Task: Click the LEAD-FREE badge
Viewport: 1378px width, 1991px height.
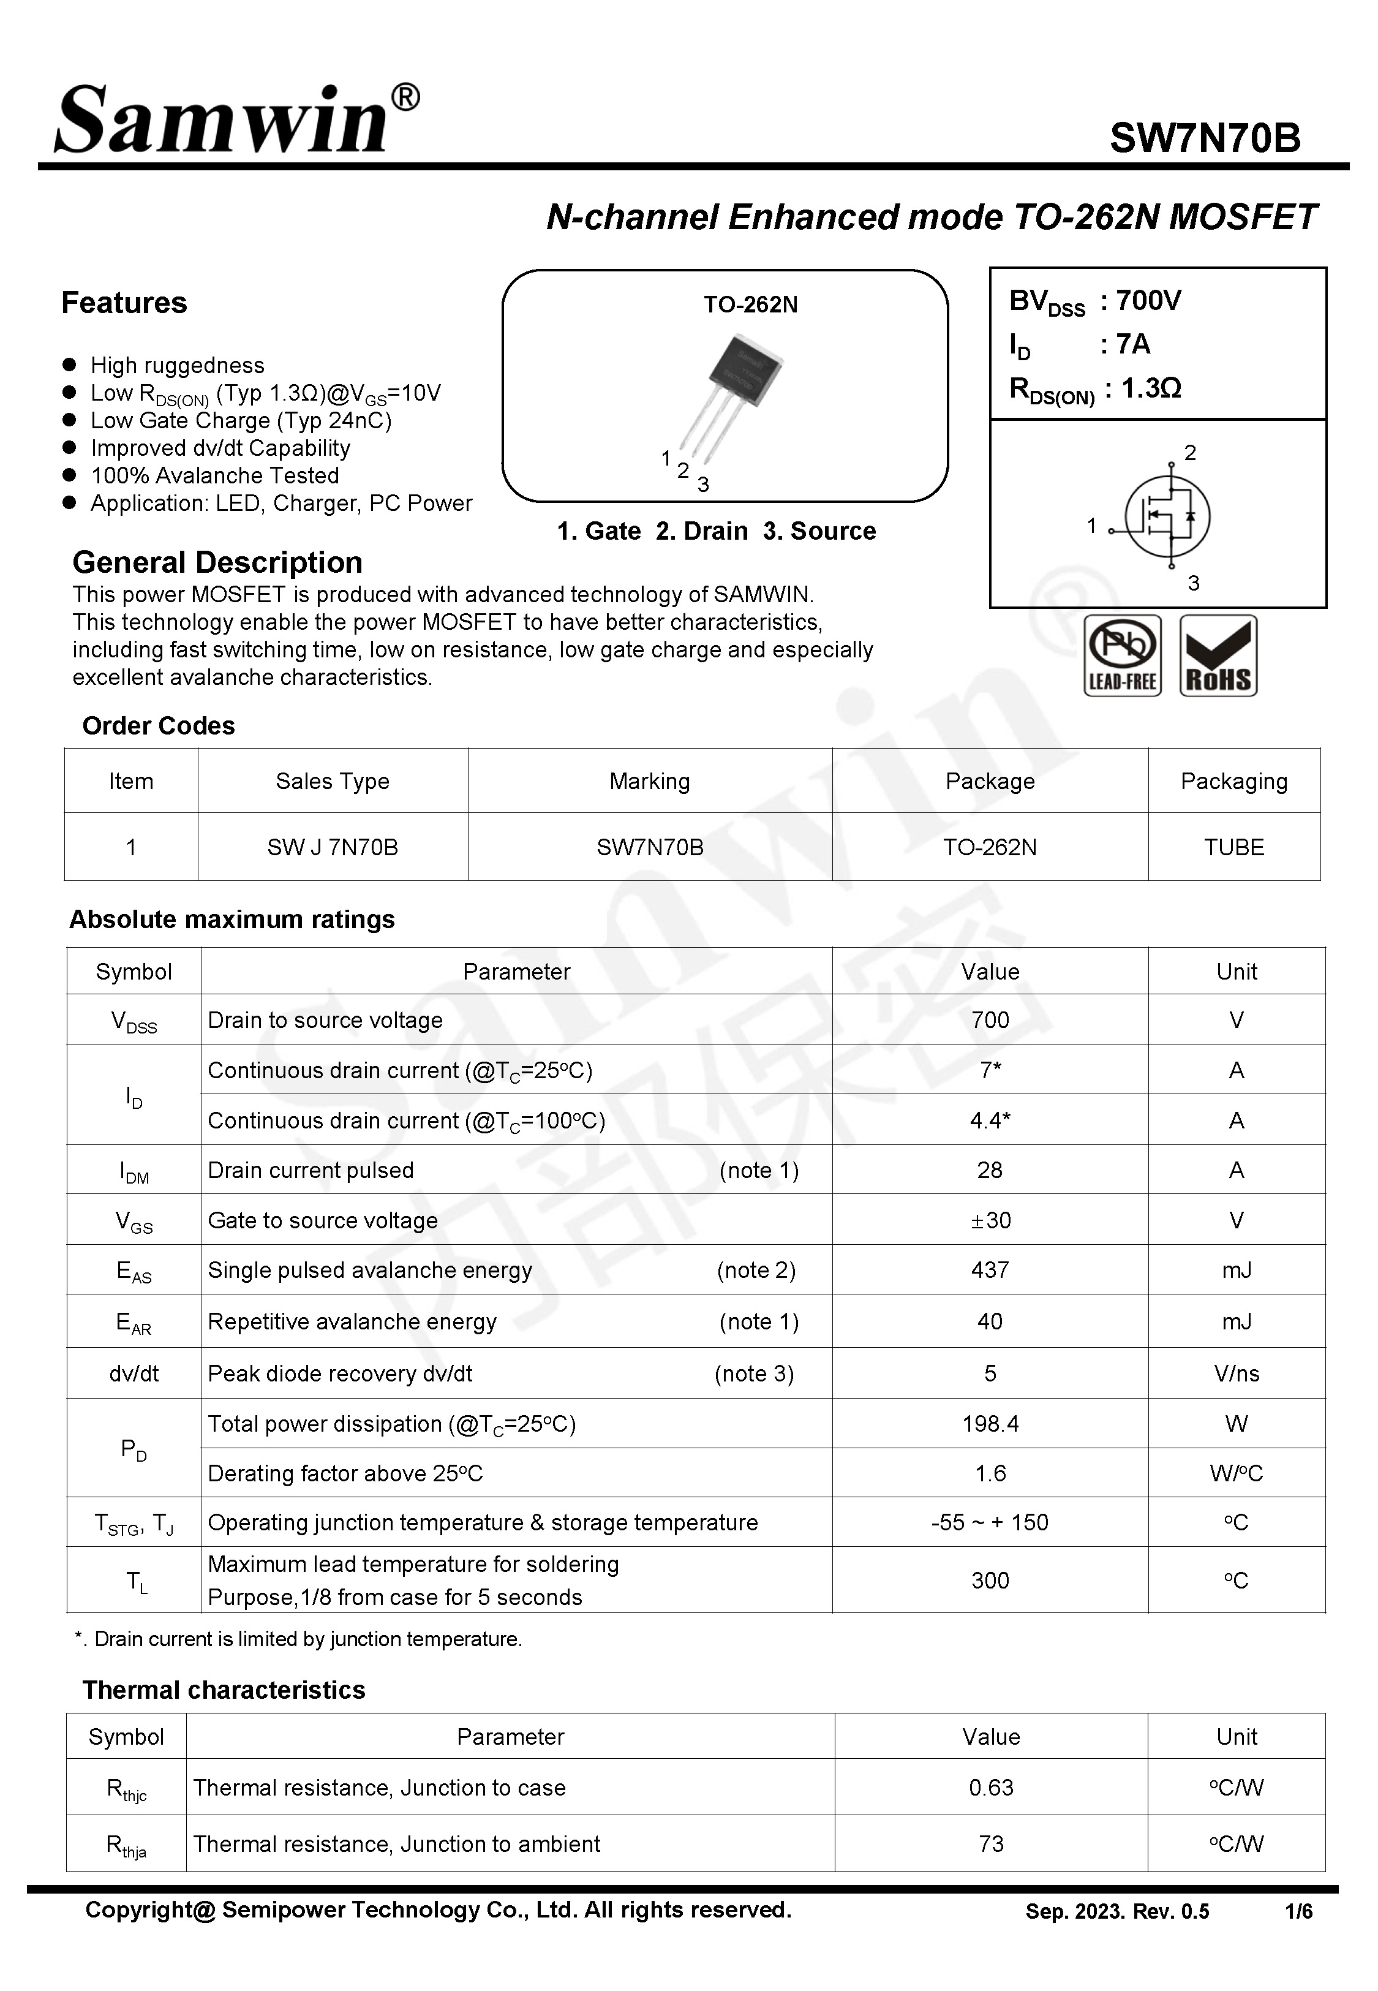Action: (x=1121, y=655)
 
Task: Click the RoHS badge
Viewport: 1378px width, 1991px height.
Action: (x=1218, y=655)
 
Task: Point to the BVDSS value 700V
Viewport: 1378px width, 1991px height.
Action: (x=1148, y=300)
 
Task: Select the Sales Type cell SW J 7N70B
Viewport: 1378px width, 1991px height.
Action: (x=333, y=847)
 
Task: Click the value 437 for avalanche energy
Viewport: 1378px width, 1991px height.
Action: (x=990, y=1270)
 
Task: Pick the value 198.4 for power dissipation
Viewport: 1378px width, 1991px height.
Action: (x=990, y=1424)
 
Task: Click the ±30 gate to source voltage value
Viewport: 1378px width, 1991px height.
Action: (x=990, y=1220)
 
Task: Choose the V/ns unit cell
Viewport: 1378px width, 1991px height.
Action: (x=1235, y=1373)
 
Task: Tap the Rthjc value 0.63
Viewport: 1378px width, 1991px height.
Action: (x=990, y=1787)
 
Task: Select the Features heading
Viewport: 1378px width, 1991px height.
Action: (x=124, y=303)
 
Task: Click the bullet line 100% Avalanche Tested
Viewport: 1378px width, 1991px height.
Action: (x=214, y=476)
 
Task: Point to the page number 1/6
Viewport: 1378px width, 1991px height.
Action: (x=1298, y=1911)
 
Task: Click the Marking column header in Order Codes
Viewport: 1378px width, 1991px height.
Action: (x=649, y=781)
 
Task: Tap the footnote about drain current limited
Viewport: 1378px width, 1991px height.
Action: (x=299, y=1639)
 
